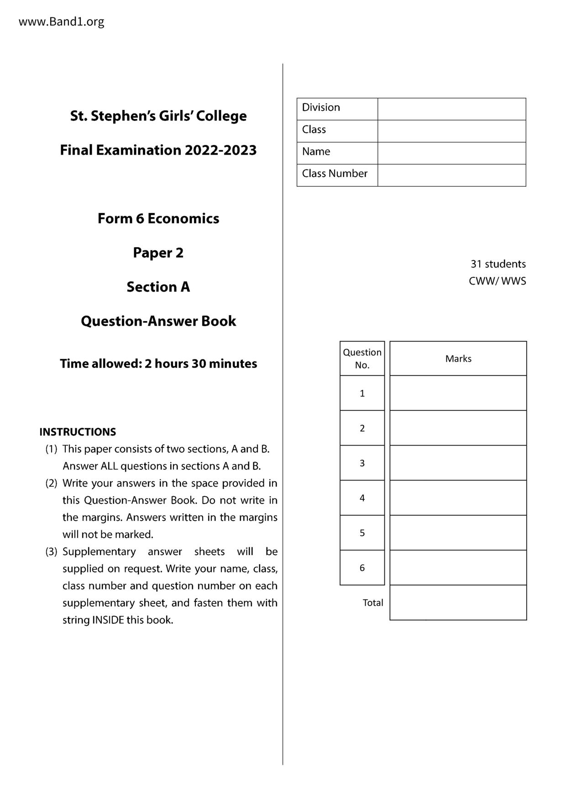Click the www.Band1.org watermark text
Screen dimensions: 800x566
tap(61, 21)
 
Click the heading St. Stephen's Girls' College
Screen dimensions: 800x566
tap(158, 116)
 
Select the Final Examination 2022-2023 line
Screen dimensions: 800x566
tap(158, 150)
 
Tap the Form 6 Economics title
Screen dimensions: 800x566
tap(158, 218)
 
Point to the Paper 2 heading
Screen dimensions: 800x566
tap(158, 253)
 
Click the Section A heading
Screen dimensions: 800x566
tap(158, 287)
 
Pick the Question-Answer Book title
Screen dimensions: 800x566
tap(158, 321)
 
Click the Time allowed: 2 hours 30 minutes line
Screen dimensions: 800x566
tap(158, 364)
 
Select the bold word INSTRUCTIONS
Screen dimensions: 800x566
tap(78, 432)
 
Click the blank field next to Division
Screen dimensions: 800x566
tap(451, 109)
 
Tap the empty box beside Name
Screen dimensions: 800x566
tap(451, 153)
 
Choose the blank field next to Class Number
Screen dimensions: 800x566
tap(451, 175)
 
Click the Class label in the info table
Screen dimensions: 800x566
tap(314, 130)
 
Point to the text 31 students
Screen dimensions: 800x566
tap(498, 264)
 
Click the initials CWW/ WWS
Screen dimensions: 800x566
tap(497, 281)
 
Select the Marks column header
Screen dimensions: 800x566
tap(458, 358)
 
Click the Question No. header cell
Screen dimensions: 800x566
tap(362, 358)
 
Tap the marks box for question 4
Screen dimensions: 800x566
tap(458, 498)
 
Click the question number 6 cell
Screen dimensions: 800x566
tap(362, 568)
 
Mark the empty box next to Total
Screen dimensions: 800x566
tap(458, 603)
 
